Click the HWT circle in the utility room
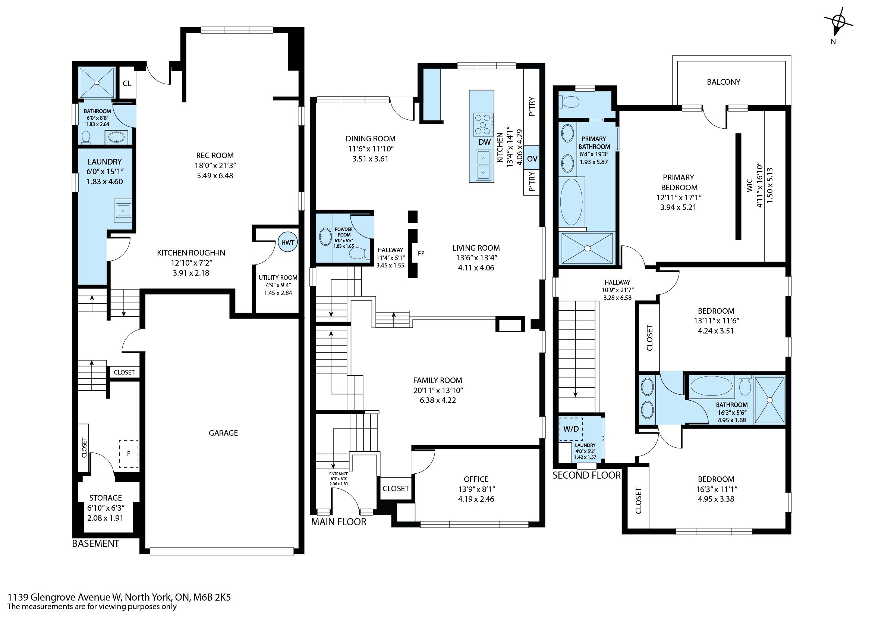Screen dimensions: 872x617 [x=287, y=242]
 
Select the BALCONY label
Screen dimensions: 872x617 [x=723, y=82]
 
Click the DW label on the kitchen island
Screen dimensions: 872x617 [x=484, y=142]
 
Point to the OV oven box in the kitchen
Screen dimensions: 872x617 [x=532, y=158]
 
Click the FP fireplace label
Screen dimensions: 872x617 [x=421, y=253]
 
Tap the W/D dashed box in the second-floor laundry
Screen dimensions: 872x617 [x=571, y=429]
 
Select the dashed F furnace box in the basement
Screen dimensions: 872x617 [x=129, y=454]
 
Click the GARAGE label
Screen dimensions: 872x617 [x=223, y=433]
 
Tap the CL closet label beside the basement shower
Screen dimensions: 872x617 [x=127, y=83]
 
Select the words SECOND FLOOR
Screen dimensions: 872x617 [x=586, y=475]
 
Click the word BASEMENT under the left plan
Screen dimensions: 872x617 [x=95, y=543]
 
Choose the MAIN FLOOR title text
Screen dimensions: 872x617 [x=339, y=522]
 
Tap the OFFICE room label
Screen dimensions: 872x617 [x=476, y=479]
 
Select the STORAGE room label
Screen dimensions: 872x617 [x=106, y=498]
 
